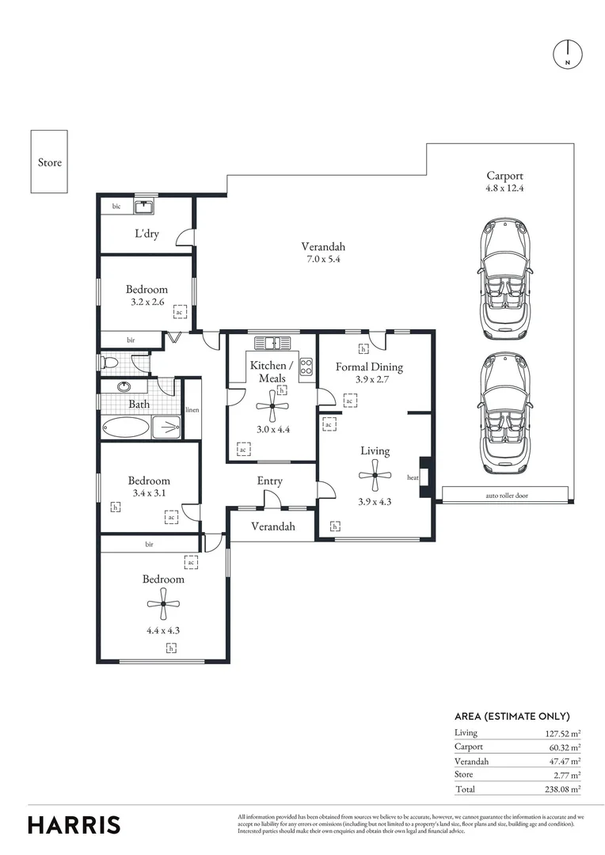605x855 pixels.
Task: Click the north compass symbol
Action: (567, 53)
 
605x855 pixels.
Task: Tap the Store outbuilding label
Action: (49, 162)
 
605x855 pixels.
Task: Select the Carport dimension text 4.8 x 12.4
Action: (505, 189)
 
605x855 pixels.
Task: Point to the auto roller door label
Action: (507, 496)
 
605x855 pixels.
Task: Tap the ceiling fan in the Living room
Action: (375, 475)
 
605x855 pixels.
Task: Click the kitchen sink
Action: (272, 344)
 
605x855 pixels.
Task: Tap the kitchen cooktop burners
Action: (306, 367)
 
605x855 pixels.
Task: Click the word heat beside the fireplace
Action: (413, 477)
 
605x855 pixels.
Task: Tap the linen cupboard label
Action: (192, 410)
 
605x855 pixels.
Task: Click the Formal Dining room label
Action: (369, 367)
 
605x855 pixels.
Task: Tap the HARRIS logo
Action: (74, 824)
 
